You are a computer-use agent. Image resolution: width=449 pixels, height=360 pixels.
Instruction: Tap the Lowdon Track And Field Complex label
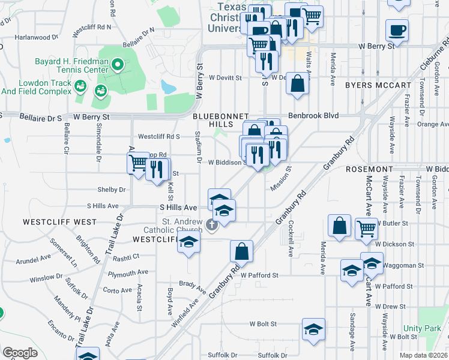(x=36, y=87)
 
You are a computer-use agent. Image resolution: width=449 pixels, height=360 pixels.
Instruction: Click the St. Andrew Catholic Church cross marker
(x=211, y=226)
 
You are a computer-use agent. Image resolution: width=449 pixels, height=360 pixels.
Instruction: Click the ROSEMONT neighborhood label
(x=369, y=170)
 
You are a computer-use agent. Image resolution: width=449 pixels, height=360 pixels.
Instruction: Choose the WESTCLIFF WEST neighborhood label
(x=59, y=222)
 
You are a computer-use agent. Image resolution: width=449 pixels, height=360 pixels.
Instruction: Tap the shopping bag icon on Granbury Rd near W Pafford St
(x=241, y=251)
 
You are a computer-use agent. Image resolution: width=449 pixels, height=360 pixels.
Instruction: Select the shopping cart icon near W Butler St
(x=366, y=228)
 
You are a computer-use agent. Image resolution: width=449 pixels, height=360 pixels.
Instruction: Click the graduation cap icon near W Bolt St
(x=313, y=330)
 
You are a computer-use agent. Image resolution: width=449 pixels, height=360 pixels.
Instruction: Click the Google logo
(x=20, y=353)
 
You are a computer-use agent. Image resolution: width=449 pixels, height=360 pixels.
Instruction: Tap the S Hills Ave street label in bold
(x=178, y=207)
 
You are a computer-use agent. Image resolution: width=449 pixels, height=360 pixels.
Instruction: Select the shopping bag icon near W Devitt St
(x=297, y=84)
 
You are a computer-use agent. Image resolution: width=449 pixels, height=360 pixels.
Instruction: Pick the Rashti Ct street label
(x=127, y=256)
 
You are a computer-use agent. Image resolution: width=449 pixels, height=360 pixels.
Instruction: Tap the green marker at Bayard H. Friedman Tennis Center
(x=118, y=63)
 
